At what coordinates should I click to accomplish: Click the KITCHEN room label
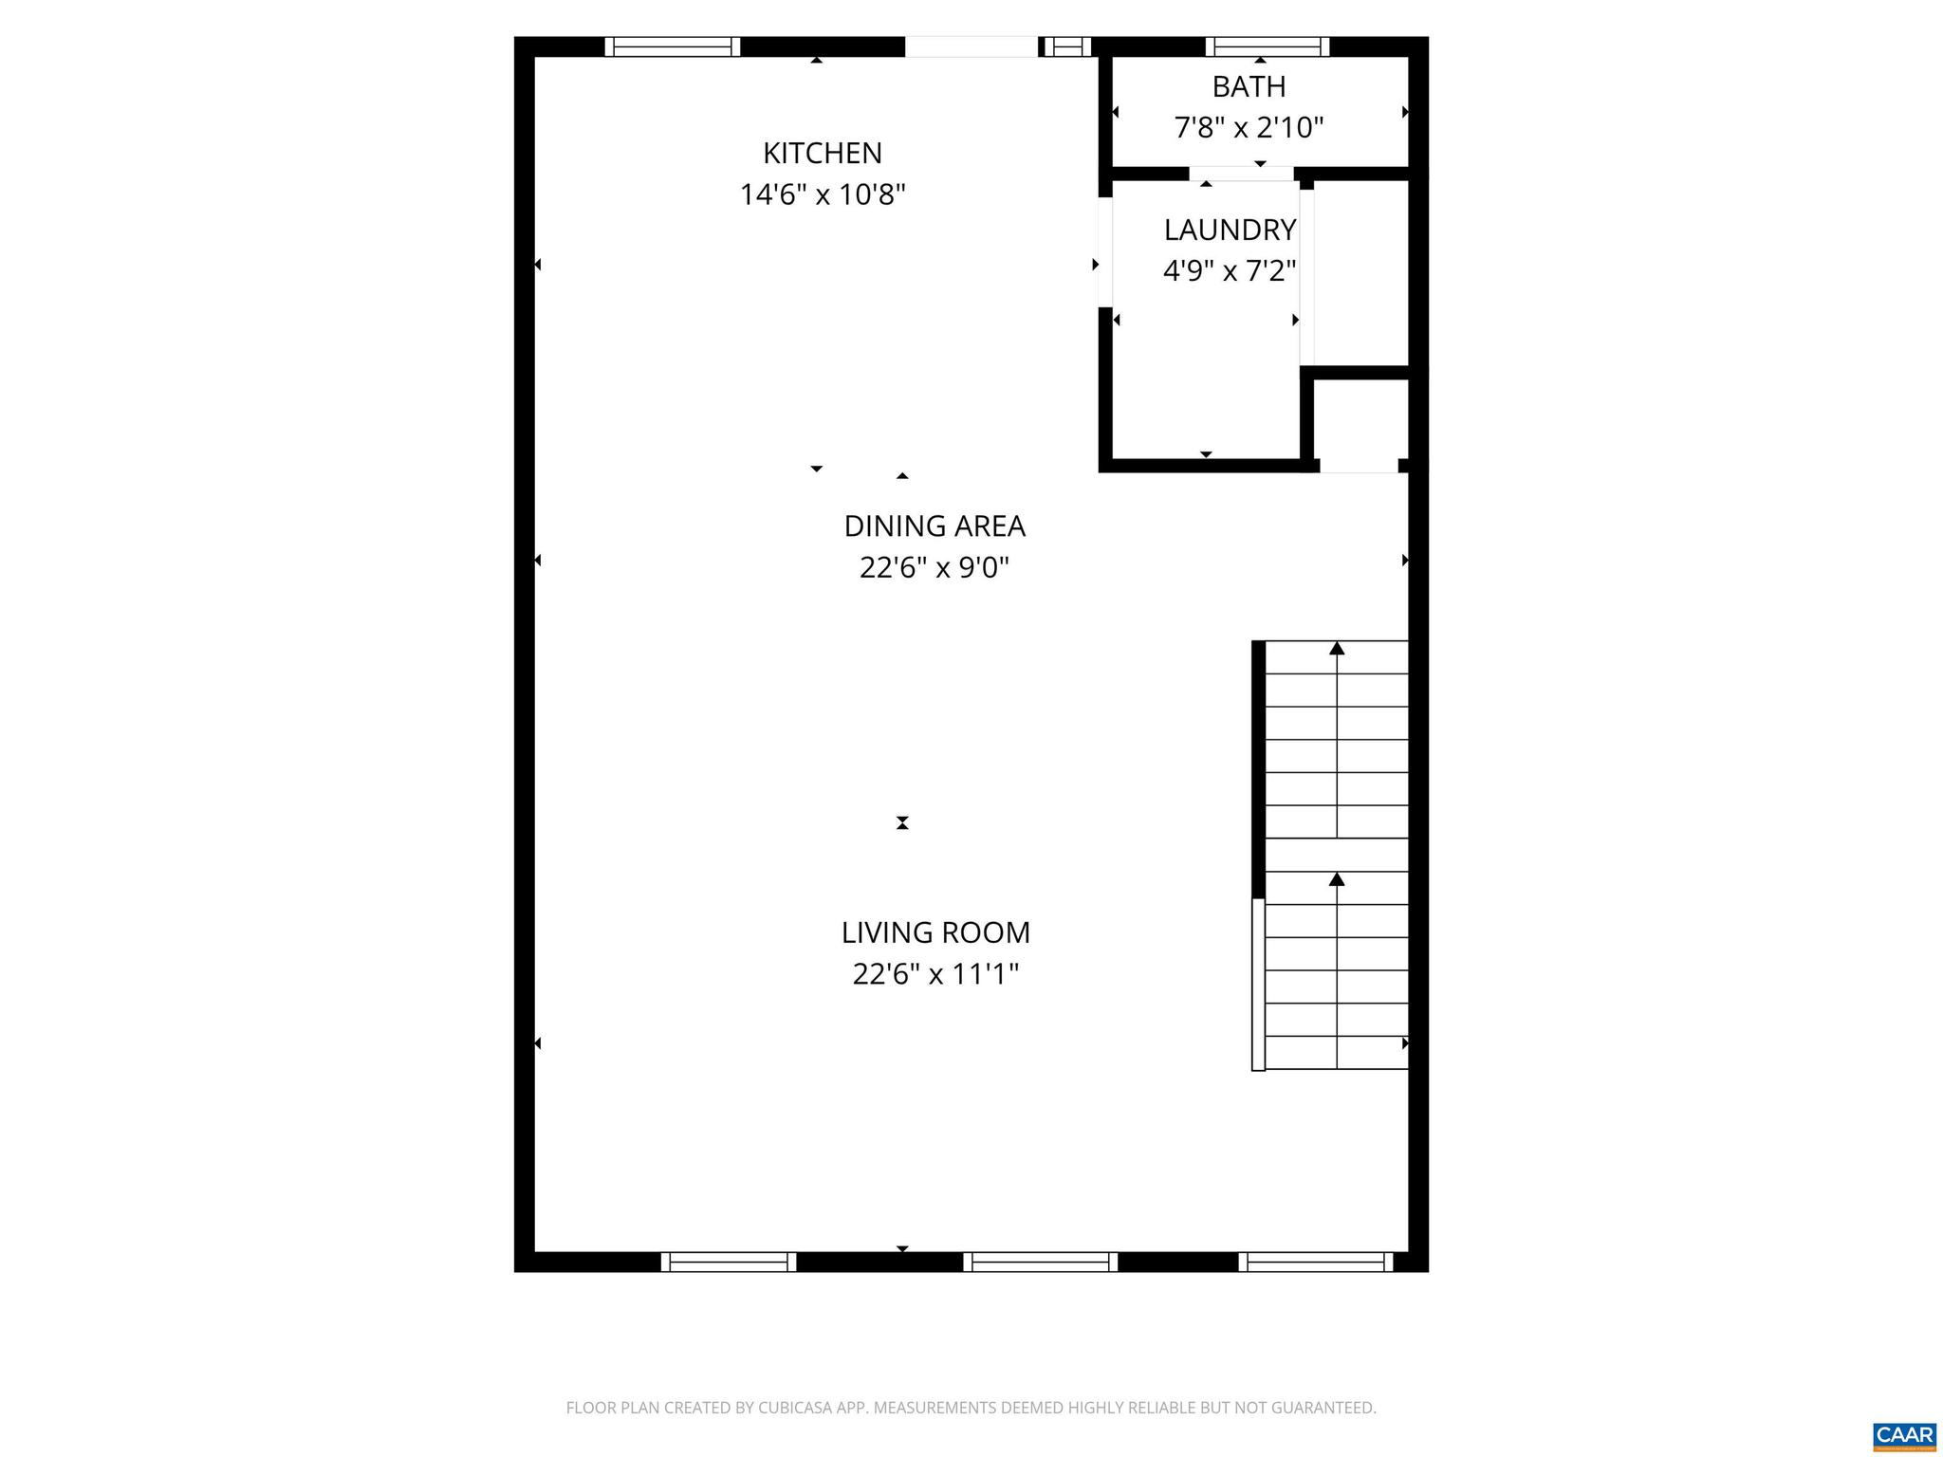823,153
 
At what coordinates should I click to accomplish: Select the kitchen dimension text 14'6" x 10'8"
823,195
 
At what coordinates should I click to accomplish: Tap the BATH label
1249,86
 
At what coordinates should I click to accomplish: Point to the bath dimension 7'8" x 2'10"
1249,127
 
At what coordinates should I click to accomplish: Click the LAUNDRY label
1230,230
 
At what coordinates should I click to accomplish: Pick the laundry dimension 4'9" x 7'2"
1230,271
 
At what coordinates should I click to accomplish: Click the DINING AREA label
934,526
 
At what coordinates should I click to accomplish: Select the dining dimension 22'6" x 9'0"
934,567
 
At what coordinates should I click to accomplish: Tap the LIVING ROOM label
935,932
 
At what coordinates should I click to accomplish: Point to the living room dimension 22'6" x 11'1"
935,974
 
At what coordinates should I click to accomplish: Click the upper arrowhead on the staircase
1337,649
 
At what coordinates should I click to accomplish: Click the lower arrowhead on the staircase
1337,879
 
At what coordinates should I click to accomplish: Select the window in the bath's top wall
1267,46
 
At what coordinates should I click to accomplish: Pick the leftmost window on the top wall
672,46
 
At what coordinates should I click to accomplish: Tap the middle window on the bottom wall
1040,1262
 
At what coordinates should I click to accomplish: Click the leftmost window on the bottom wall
729,1262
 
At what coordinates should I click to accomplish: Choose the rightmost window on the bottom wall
1315,1262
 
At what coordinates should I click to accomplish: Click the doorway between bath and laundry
1241,174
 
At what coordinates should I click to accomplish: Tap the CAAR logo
1904,1435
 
